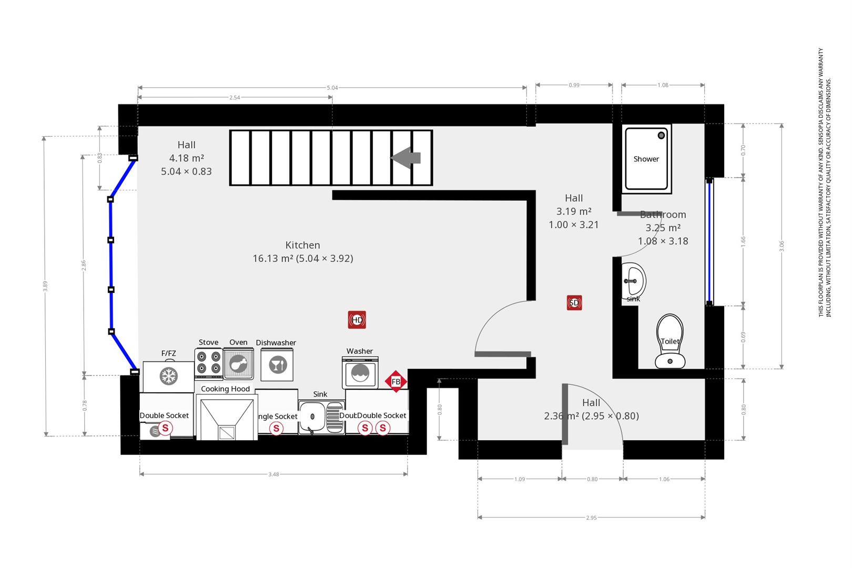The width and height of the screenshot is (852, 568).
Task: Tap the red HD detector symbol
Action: coord(357,320)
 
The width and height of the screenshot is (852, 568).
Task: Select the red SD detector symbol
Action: coord(574,303)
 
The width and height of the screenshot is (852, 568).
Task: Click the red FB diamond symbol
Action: coord(396,381)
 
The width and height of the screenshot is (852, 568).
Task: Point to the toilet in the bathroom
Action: coord(670,342)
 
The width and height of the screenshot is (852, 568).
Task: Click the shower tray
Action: coord(646,159)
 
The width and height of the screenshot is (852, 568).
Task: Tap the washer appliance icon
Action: coord(360,372)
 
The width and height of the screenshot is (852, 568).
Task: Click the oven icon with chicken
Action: coord(238,363)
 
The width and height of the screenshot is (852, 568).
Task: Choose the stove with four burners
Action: coord(208,362)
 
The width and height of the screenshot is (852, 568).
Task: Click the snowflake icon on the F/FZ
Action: coord(169,376)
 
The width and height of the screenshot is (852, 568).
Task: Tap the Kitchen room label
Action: coord(302,245)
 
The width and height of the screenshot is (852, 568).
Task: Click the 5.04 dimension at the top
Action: coord(332,88)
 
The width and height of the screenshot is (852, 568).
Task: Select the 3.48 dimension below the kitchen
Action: coord(273,474)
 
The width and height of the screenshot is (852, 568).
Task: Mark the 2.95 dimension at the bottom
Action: coord(591,518)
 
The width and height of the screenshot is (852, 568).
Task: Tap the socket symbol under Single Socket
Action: coord(276,429)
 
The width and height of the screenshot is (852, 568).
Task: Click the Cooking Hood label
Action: coord(225,389)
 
